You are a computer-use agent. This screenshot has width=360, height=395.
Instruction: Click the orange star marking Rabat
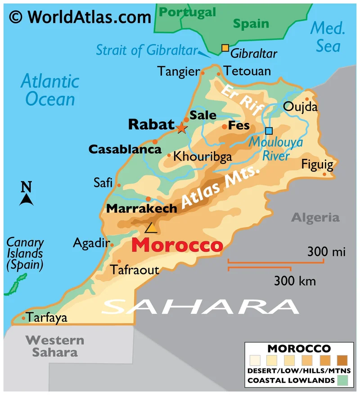click(181, 128)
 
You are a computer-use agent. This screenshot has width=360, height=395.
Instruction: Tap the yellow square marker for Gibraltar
click(225, 48)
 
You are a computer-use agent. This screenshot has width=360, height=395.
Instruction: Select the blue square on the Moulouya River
click(269, 131)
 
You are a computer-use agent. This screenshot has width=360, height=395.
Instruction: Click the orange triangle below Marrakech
click(151, 227)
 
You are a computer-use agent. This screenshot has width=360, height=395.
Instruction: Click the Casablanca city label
click(125, 149)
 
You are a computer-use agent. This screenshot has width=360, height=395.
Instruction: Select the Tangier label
click(178, 71)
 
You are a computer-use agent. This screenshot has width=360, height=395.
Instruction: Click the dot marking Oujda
click(308, 99)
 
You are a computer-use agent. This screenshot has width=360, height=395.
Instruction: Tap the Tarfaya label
click(47, 318)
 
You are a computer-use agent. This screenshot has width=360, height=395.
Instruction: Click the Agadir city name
click(91, 244)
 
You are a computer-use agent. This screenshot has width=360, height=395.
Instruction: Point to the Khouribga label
click(202, 157)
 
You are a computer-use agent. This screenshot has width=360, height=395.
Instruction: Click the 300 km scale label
click(295, 281)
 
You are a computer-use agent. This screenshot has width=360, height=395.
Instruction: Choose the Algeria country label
click(315, 218)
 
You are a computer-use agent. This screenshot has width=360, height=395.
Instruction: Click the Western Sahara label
click(54, 346)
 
